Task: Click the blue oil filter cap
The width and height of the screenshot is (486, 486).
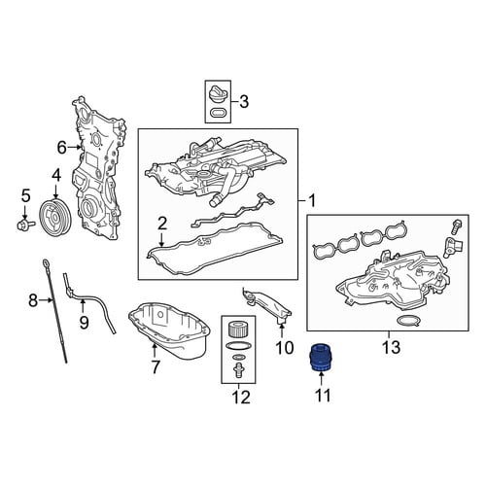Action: point(321,358)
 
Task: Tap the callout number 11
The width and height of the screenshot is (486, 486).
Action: point(323,396)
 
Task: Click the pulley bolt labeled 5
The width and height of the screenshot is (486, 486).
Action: point(26,224)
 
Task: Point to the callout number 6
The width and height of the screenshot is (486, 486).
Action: point(61,148)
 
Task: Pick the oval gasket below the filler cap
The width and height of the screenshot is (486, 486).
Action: point(218,113)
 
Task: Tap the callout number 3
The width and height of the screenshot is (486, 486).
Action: point(244,101)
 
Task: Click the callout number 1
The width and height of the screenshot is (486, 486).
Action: point(312,201)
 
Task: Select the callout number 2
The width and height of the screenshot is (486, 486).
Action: point(162,225)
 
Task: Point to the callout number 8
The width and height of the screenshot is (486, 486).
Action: point(33,300)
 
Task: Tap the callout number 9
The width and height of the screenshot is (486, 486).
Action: point(84,322)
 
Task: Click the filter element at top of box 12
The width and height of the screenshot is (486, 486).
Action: point(238,329)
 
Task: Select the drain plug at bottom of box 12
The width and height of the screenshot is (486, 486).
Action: point(238,370)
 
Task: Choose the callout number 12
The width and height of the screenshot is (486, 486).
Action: point(241,398)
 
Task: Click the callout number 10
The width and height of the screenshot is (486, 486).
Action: point(284,347)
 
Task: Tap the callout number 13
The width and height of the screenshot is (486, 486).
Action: point(391,347)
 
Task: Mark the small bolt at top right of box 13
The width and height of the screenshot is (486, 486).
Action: point(455,228)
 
